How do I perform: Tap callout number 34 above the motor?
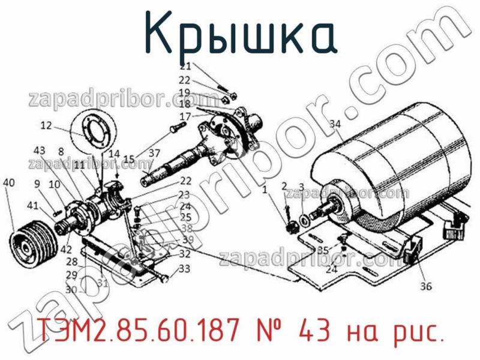coord(335,124)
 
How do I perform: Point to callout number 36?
coord(425,286)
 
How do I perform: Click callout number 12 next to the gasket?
coord(47,125)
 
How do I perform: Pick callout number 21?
coord(185,66)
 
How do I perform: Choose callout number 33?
coord(184,269)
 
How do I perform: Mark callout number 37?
coord(155,153)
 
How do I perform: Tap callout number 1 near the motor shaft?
coord(265,190)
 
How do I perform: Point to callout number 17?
coord(185,116)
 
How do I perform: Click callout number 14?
coord(114,153)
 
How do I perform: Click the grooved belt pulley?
coord(33,245)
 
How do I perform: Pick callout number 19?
coord(185,92)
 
